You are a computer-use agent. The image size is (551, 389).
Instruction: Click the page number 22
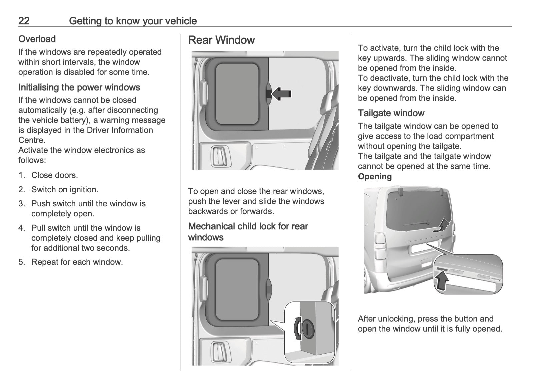[24, 21]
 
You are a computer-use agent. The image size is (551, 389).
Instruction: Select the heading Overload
[37, 39]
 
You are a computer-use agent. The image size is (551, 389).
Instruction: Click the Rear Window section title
[221, 40]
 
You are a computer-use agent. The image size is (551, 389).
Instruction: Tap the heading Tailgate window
[391, 113]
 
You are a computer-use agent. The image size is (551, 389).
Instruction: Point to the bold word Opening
[375, 177]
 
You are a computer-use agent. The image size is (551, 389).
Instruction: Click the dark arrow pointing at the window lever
[281, 94]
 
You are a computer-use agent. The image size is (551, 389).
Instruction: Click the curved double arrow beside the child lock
[297, 328]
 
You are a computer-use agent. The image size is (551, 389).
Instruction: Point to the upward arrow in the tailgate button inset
[442, 281]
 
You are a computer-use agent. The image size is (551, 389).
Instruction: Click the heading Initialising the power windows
[79, 87]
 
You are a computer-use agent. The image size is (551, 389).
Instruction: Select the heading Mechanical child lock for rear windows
[248, 232]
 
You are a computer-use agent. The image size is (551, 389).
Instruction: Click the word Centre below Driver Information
[32, 140]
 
